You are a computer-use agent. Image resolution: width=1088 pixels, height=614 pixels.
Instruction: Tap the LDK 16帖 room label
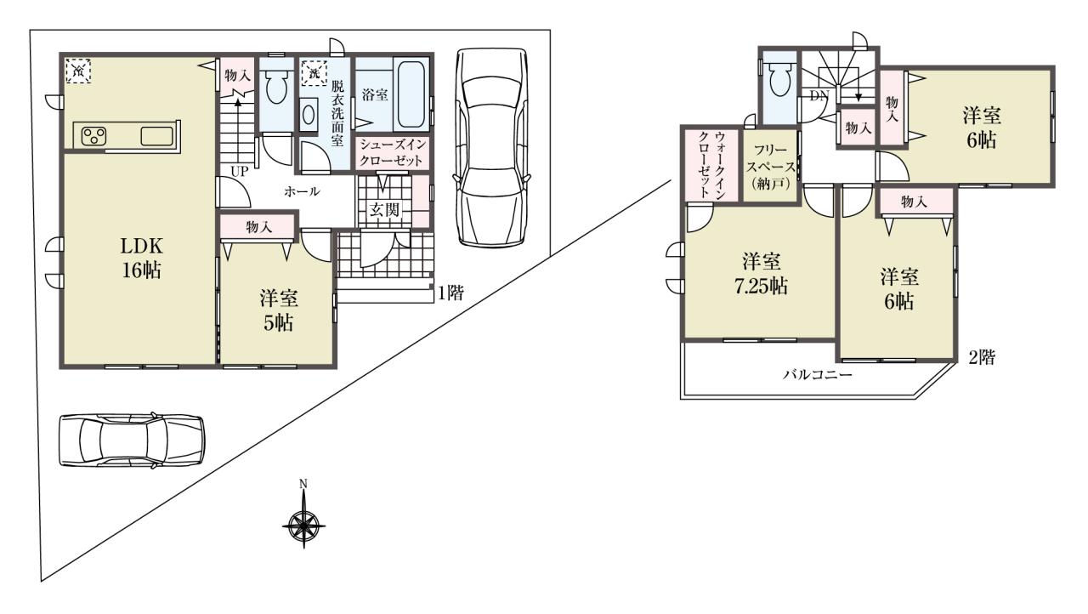141,259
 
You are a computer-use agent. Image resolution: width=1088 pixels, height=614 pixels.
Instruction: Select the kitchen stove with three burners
94,135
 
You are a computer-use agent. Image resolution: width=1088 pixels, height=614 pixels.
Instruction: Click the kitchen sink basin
157,135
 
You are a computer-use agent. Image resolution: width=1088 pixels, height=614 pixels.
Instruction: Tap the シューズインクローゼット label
393,152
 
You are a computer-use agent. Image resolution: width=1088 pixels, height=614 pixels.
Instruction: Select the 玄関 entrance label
383,210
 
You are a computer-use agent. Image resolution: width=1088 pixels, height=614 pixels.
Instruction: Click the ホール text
302,191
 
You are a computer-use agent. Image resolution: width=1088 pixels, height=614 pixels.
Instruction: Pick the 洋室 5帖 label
278,310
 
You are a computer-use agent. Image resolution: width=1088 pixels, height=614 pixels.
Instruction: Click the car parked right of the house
491,148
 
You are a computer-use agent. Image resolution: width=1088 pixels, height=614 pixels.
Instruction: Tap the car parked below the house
132,441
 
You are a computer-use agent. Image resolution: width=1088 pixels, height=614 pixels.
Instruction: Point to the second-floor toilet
780,79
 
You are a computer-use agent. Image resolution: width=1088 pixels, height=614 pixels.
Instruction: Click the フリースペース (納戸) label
770,166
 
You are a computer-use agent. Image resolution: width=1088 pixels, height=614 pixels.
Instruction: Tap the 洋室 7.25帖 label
761,275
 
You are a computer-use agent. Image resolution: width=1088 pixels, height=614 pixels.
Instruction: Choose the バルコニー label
817,375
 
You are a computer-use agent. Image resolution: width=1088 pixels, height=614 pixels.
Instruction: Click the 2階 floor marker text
982,357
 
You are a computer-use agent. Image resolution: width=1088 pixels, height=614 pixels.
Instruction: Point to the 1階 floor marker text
451,293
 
